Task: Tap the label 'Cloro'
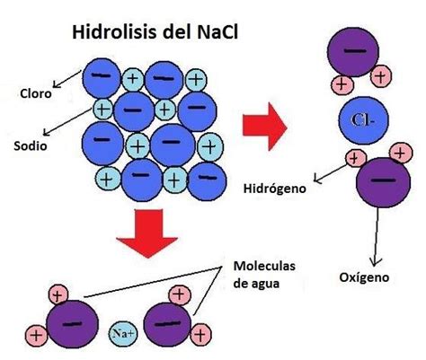coord(39,92)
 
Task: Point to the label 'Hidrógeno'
coord(274,189)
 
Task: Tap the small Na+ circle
coord(122,332)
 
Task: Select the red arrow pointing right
coord(270,126)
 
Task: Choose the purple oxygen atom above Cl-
coord(355,51)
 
